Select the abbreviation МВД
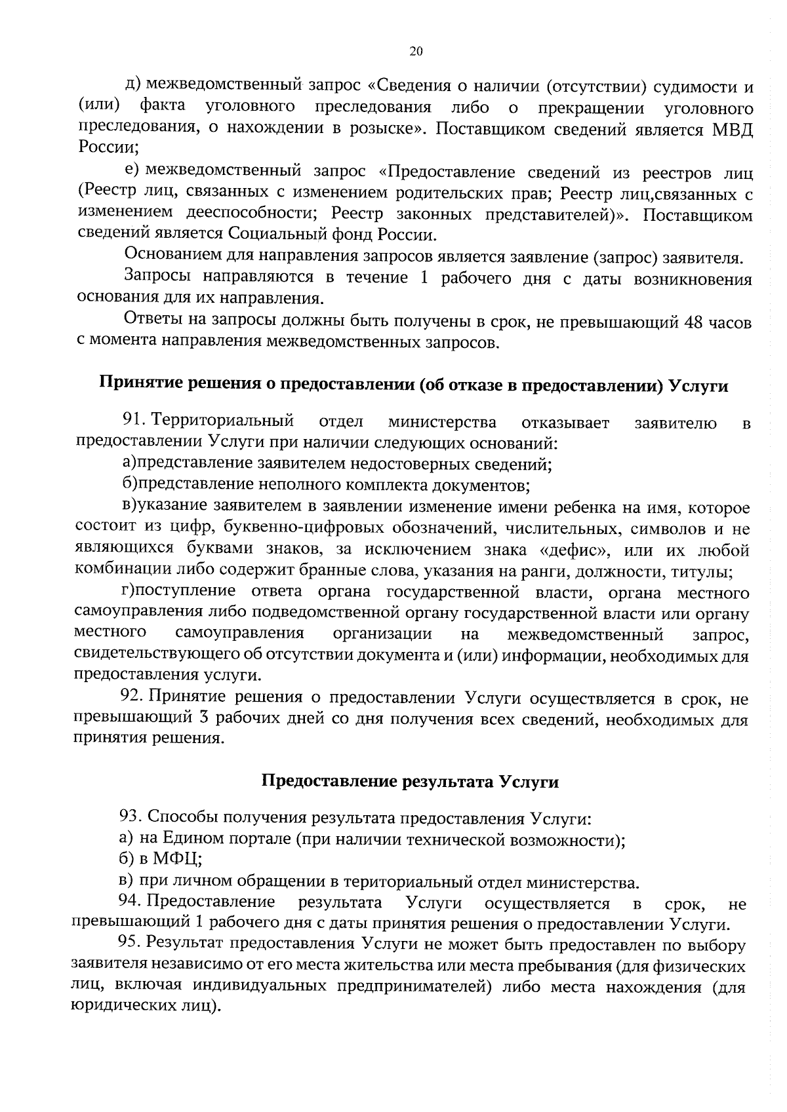(x=731, y=129)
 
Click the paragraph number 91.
(x=133, y=421)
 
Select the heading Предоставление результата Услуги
(x=410, y=781)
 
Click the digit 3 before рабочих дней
(x=203, y=719)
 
